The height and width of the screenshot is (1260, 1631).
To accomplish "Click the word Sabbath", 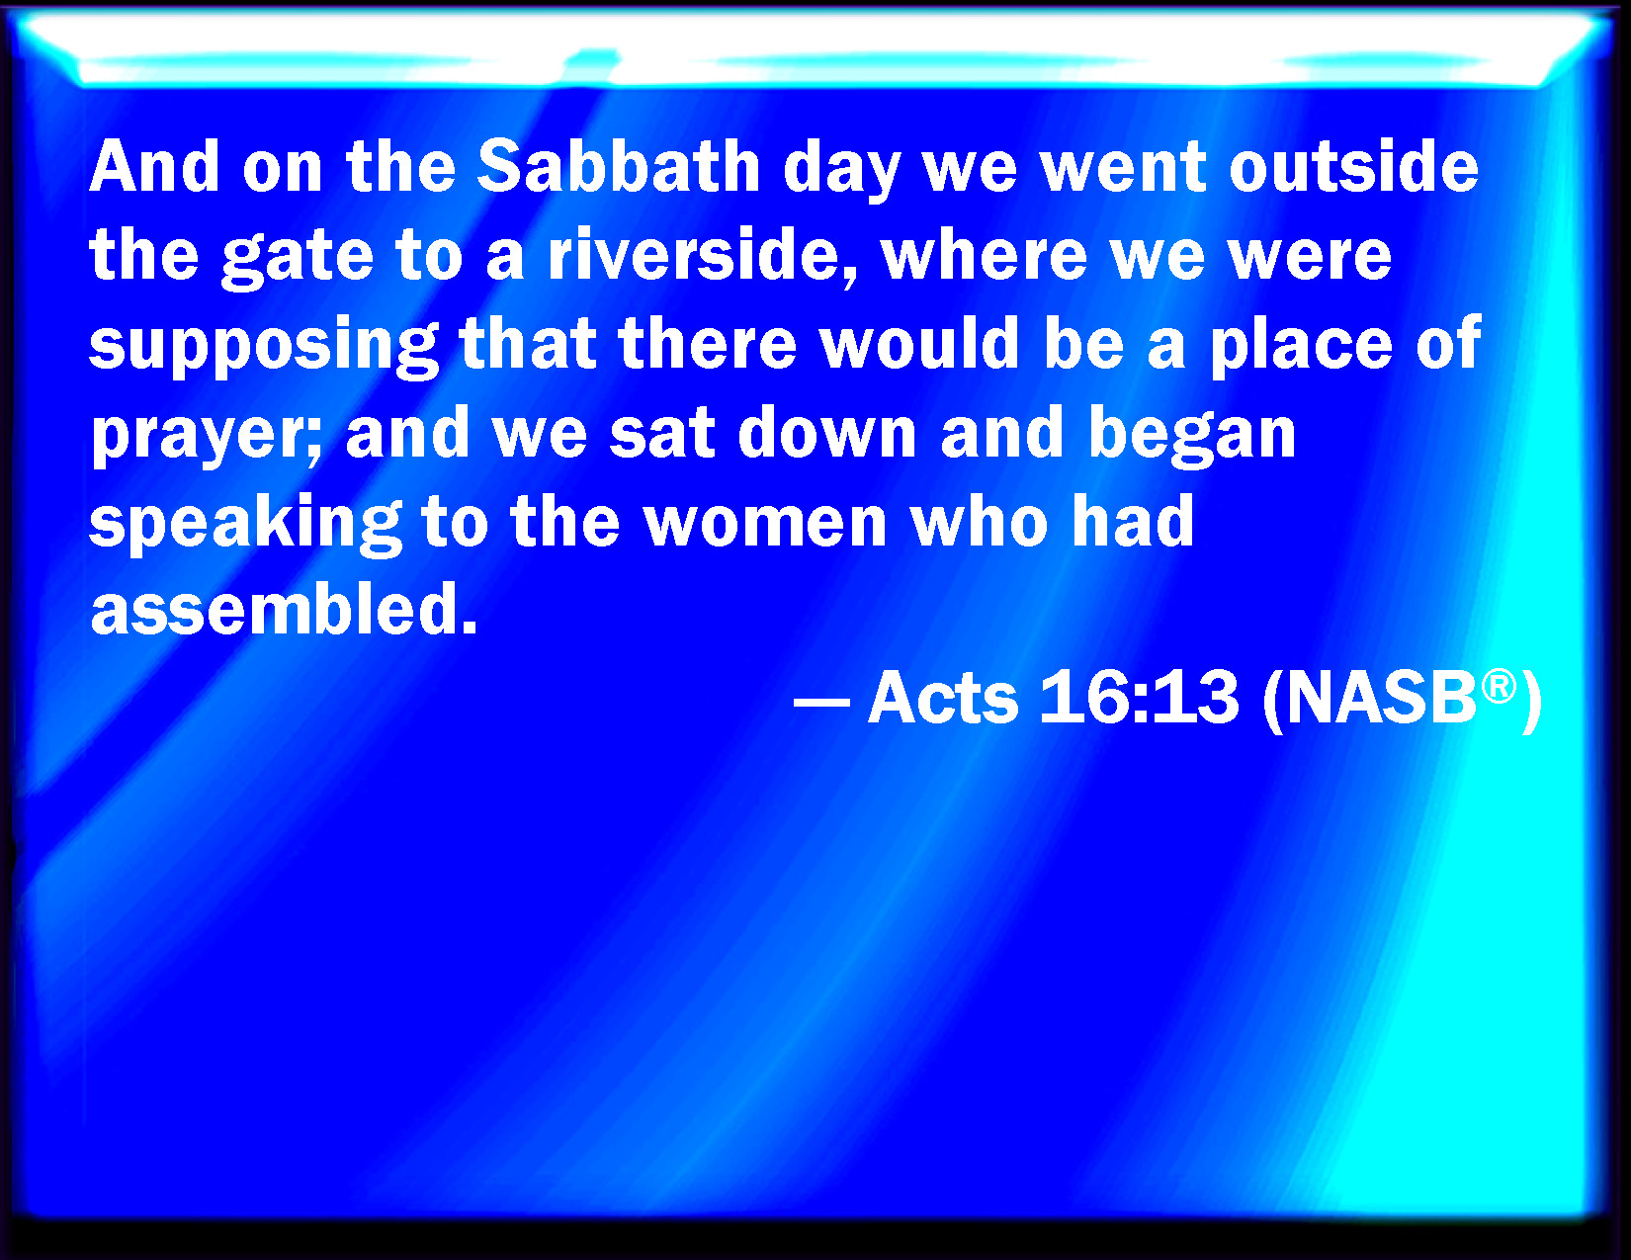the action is (x=619, y=166).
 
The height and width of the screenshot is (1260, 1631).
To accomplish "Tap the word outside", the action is (x=1353, y=166).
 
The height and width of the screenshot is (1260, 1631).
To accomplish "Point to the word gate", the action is (x=298, y=259).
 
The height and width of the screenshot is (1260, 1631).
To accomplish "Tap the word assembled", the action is (x=284, y=609).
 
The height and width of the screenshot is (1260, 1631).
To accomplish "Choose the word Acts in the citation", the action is (x=943, y=697).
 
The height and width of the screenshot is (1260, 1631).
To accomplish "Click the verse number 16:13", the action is (x=1139, y=697).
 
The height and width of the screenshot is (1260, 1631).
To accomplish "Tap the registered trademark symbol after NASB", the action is (x=1499, y=687).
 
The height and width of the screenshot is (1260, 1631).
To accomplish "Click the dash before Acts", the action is (x=821, y=704).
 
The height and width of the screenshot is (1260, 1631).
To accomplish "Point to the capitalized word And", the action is (x=154, y=166).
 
